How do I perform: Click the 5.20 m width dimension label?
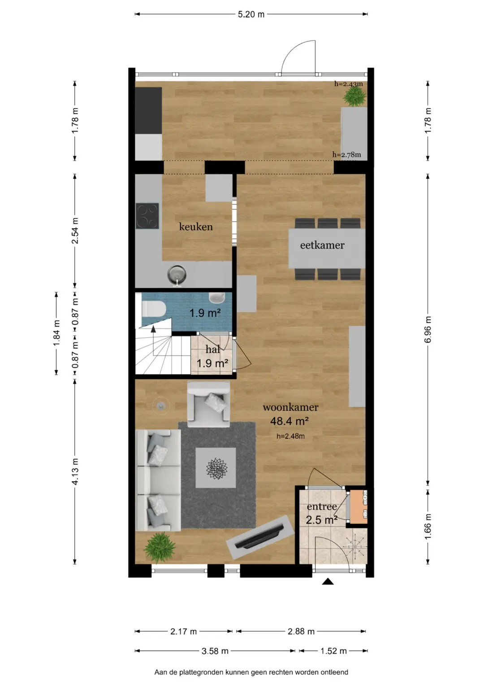coord(251,14)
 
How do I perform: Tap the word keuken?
coord(196,227)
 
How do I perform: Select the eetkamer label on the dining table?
coord(322,245)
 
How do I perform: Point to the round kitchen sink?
coord(177,274)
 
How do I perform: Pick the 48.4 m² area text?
coord(289,421)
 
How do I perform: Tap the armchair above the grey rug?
coord(209,404)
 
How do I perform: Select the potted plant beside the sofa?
coord(159,547)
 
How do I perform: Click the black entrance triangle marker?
coord(328,582)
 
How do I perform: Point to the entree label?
coord(322,507)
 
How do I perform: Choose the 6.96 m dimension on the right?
coord(428,330)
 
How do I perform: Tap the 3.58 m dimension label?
coord(215,651)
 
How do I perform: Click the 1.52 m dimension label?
coord(333,651)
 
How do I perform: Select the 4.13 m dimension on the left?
coord(75,471)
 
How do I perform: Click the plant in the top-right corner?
coord(355,96)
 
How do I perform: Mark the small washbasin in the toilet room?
coord(217,297)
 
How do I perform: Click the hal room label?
coord(212,349)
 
